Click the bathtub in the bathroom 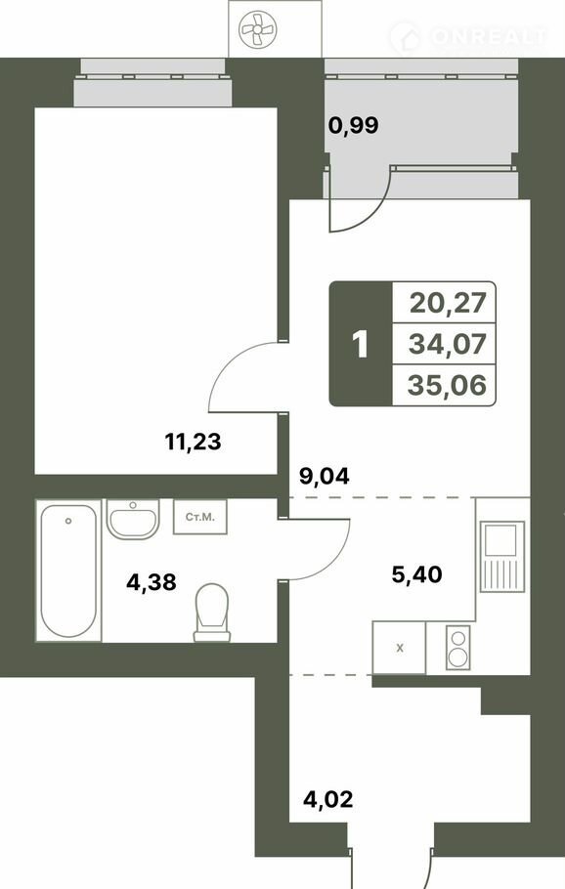[x=68, y=571]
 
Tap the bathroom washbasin [x=133, y=519]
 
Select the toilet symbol [x=212, y=613]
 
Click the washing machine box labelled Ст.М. [x=200, y=517]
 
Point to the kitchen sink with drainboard [x=502, y=557]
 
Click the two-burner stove [x=457, y=647]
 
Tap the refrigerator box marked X [x=400, y=648]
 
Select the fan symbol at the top [x=257, y=30]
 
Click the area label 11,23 [x=193, y=442]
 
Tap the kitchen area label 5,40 [x=417, y=574]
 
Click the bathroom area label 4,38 [x=152, y=581]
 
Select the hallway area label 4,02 [x=327, y=800]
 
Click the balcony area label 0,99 [x=354, y=125]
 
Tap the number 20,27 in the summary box [x=448, y=303]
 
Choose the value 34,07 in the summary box [x=448, y=344]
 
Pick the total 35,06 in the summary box [x=448, y=386]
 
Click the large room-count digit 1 [x=361, y=344]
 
